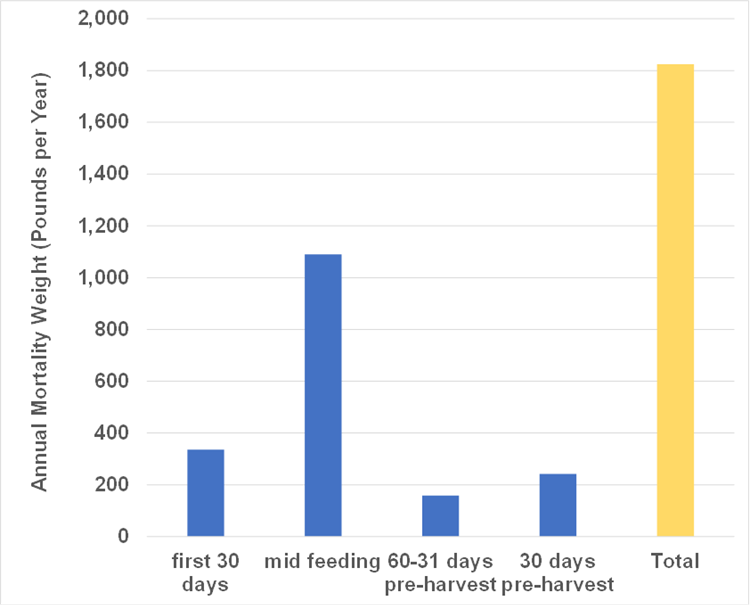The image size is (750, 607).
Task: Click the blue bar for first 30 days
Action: pos(205,493)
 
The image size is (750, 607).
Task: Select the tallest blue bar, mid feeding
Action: pos(323,395)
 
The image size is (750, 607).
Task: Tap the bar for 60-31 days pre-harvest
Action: pos(440,516)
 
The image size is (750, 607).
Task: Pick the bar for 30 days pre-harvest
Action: pos(558,505)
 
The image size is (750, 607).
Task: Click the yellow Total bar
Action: pos(675,300)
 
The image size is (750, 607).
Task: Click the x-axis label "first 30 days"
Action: pos(205,571)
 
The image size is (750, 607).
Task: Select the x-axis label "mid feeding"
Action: pos(322,561)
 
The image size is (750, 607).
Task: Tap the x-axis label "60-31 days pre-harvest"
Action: pos(440,571)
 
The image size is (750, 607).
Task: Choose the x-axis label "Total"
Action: pos(675,561)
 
